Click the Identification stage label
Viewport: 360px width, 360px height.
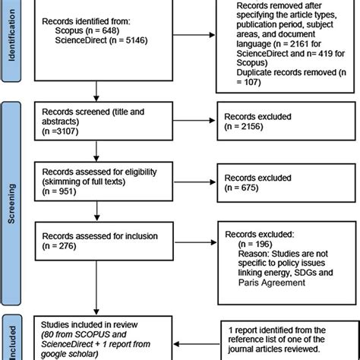[14, 42]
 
